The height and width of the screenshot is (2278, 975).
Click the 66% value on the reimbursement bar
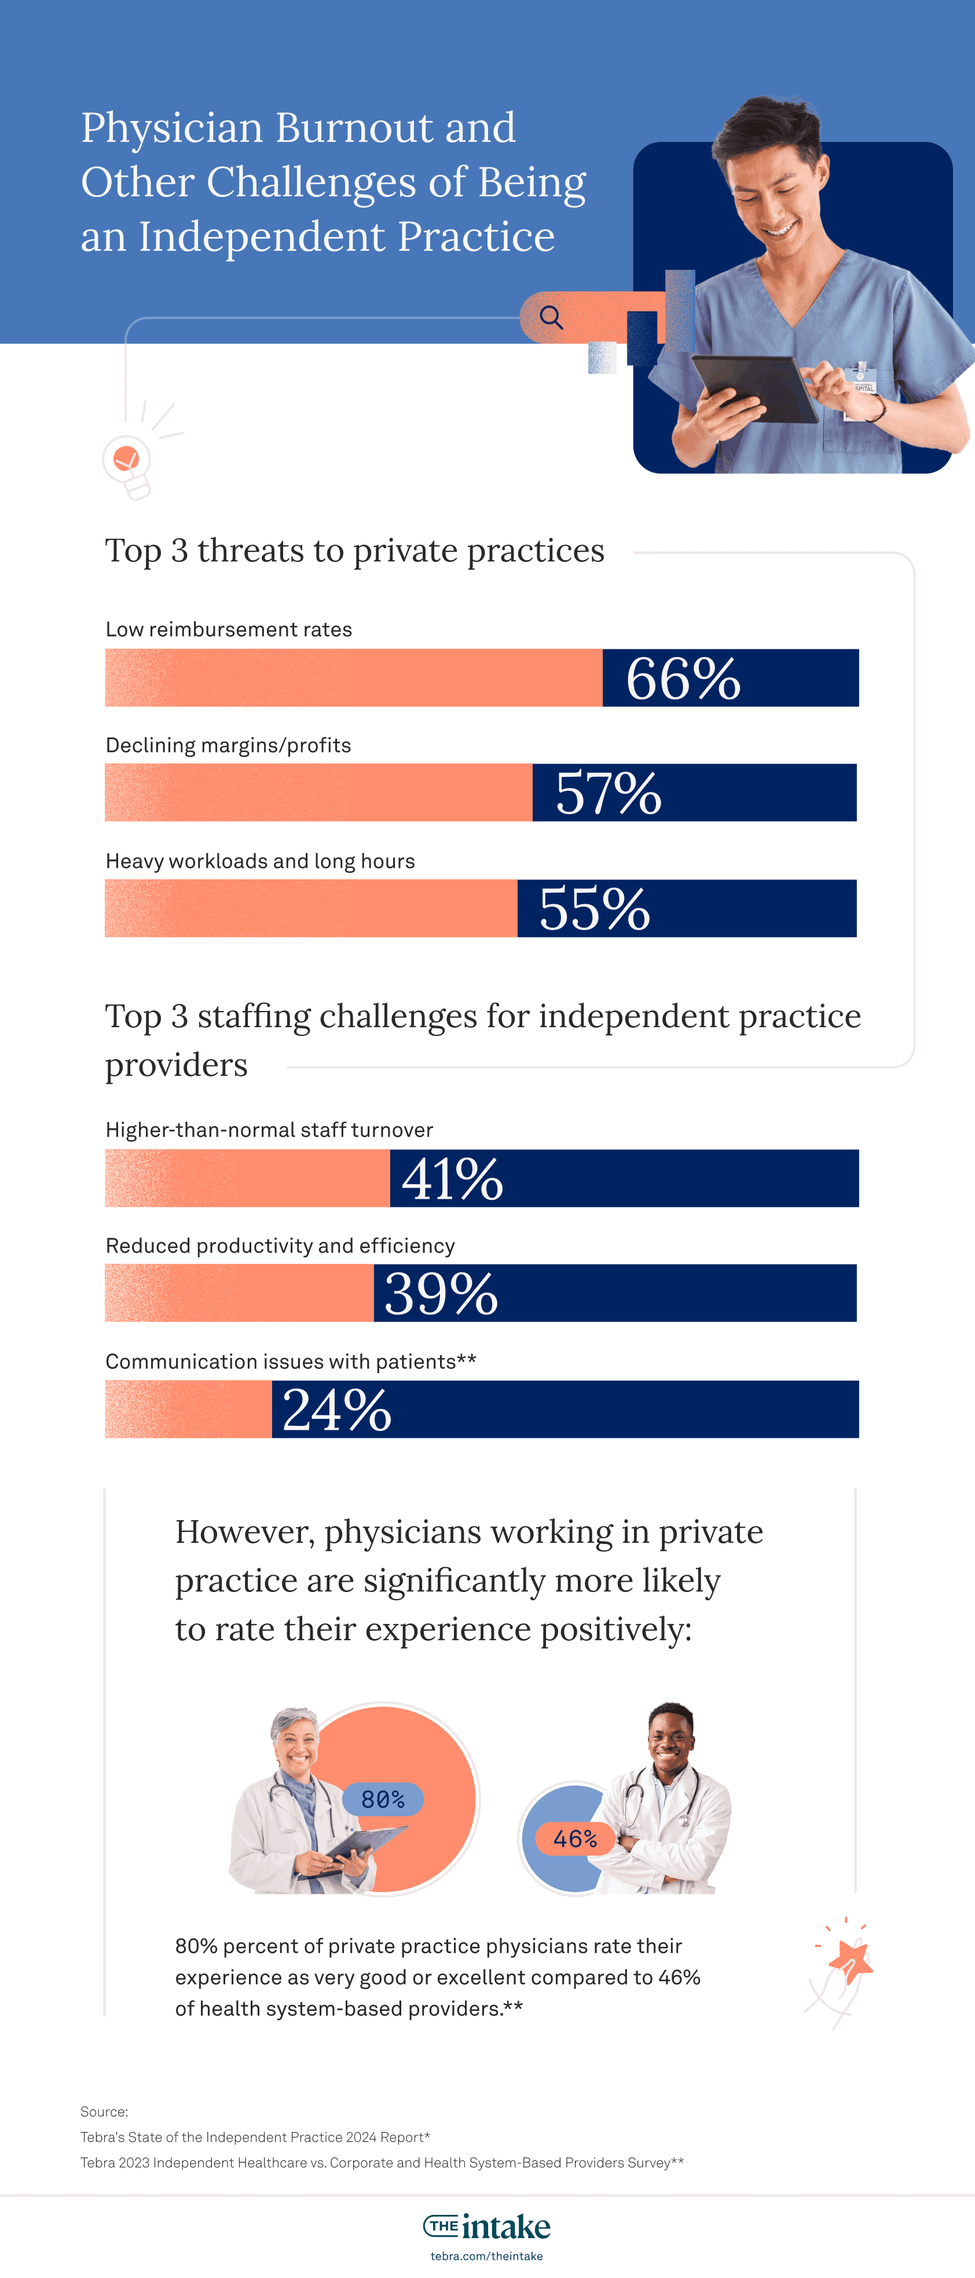point(683,678)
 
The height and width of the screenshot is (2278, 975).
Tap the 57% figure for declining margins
point(608,793)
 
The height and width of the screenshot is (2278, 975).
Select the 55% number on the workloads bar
point(595,908)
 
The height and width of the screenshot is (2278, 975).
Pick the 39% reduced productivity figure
point(441,1293)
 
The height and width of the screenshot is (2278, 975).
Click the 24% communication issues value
point(337,1409)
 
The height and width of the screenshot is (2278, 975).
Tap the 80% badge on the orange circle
point(383,1799)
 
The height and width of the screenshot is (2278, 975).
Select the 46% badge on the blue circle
point(574,1838)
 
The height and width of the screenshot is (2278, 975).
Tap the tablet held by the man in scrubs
point(754,389)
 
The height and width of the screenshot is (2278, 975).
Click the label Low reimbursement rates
point(228,629)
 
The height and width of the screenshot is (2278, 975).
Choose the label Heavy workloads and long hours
point(260,860)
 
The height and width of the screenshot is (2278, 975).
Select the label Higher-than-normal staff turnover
point(269,1129)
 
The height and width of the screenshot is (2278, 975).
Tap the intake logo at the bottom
point(487,2225)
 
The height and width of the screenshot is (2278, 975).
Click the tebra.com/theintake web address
point(487,2256)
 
